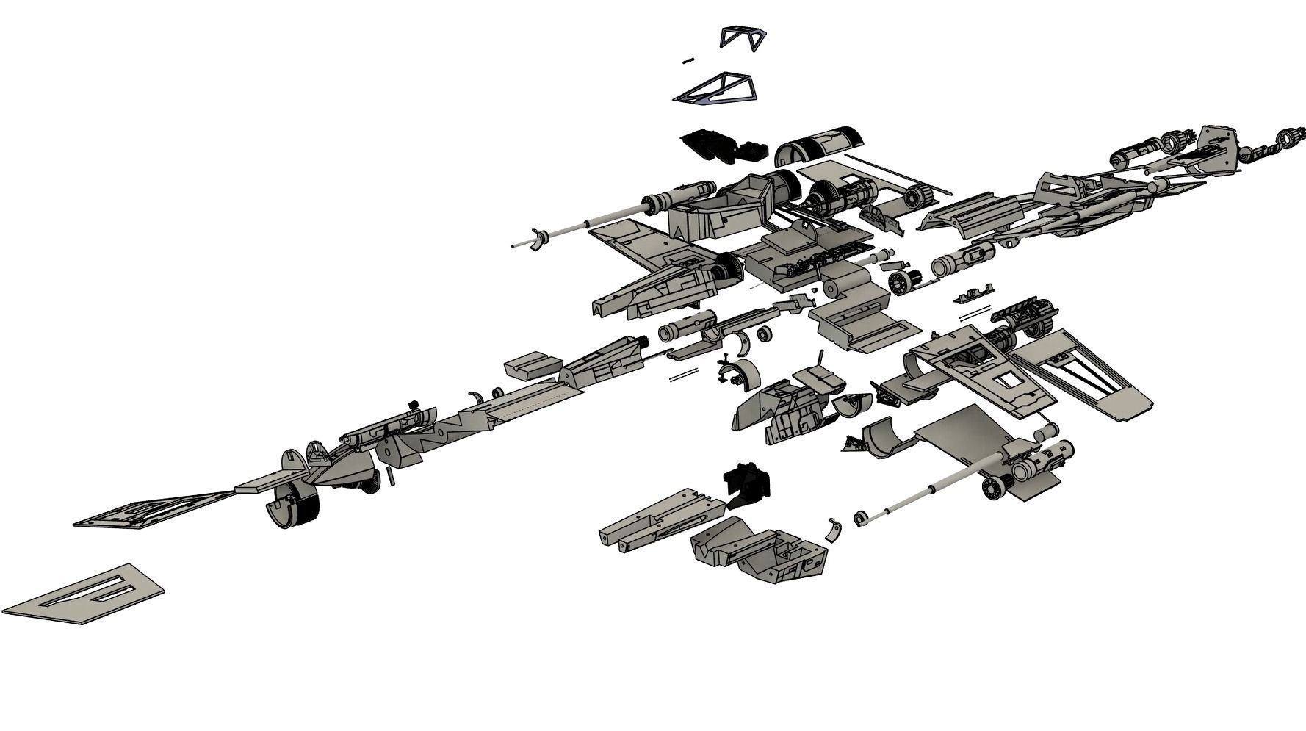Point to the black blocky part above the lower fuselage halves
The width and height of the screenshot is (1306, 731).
[x=748, y=484]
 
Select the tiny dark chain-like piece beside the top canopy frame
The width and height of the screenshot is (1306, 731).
[x=688, y=61]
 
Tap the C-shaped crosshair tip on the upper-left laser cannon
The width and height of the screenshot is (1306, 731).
[x=540, y=238]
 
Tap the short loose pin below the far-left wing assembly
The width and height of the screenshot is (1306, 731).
[x=392, y=477]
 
